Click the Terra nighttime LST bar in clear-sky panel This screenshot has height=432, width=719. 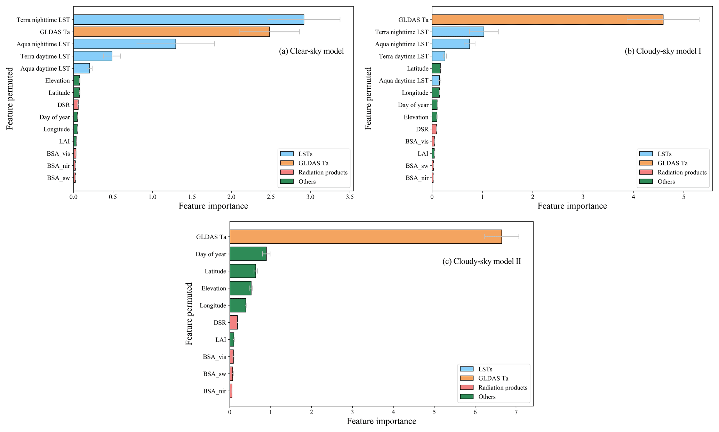click(x=189, y=19)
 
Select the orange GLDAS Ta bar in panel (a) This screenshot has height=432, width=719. click(x=171, y=32)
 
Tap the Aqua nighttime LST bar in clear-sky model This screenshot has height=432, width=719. click(x=125, y=44)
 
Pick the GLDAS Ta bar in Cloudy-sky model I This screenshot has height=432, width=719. click(x=547, y=19)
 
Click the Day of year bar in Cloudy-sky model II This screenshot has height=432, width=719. click(x=248, y=254)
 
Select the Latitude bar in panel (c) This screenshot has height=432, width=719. click(x=242, y=271)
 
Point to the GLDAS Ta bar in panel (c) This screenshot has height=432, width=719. click(x=365, y=237)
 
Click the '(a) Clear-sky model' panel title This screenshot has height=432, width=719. click(x=311, y=51)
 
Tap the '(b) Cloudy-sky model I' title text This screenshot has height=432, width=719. click(x=663, y=51)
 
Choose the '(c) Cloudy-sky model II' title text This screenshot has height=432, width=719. click(x=481, y=261)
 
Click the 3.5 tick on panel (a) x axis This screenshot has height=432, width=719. click(x=350, y=197)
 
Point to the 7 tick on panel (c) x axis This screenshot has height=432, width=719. click(x=516, y=412)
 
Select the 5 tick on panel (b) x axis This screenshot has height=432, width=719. click(x=684, y=197)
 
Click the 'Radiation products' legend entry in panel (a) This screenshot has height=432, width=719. click(x=322, y=172)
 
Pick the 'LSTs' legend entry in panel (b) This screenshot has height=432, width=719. click(x=664, y=154)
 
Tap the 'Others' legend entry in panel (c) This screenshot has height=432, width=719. click(x=487, y=396)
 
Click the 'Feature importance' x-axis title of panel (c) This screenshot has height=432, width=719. click(x=381, y=421)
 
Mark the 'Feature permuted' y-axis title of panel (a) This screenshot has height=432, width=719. click(x=10, y=99)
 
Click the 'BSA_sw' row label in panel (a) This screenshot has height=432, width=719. click(x=58, y=178)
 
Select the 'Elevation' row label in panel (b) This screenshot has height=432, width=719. click(x=416, y=117)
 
